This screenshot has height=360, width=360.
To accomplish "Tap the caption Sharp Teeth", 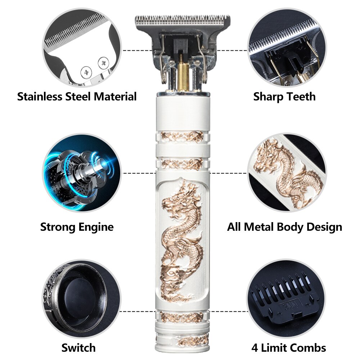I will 284,97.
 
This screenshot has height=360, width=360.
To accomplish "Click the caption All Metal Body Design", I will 284,227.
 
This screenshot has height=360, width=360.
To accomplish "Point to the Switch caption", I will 78,348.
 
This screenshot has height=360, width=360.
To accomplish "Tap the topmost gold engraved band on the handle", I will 182,136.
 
